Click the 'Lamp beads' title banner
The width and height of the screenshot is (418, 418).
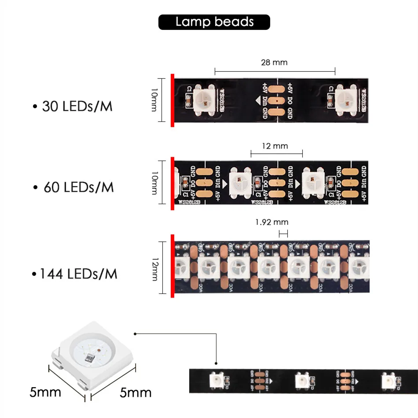tap(214, 22)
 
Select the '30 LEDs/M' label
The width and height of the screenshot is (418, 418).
tap(73, 106)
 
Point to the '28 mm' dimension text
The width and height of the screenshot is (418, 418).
tap(274, 62)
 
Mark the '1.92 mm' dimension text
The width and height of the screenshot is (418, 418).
tap(271, 222)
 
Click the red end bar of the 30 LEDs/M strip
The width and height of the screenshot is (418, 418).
tap(172, 100)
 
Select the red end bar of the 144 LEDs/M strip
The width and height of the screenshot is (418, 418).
tap(172, 266)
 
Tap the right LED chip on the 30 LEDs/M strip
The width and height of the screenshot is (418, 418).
tap(345, 99)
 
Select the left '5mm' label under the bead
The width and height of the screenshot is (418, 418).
tap(45, 392)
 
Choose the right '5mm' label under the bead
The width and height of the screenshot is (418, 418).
tap(136, 392)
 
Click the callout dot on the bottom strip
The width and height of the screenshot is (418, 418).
tap(216, 363)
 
